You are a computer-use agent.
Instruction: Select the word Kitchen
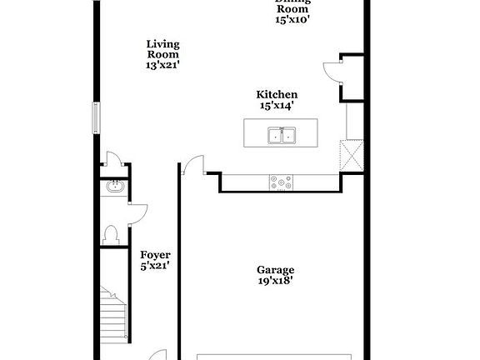tap(277, 95)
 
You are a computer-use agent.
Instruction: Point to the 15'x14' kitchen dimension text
tap(277, 106)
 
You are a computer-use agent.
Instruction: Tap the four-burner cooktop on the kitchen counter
tap(281, 182)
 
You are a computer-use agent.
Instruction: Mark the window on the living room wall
tap(97, 118)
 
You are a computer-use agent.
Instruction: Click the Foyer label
tap(155, 255)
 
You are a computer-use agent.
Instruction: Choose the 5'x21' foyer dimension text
tap(155, 267)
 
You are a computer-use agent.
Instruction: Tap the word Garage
tap(275, 270)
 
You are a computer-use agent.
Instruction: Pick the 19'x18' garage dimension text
tap(275, 281)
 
